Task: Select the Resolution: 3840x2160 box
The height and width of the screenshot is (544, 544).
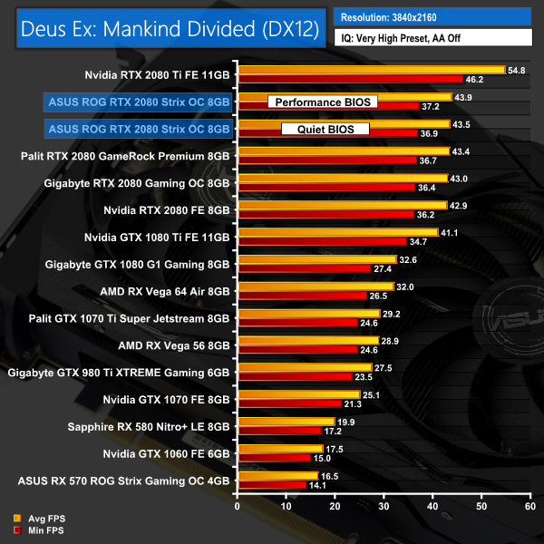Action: coord(433,16)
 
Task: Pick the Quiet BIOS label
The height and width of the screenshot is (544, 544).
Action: coord(320,129)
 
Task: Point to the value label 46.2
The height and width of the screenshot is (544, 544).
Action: coord(474,80)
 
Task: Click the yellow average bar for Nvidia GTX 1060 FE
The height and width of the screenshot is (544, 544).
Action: coord(279,448)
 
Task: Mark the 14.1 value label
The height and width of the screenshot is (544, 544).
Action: coord(317,485)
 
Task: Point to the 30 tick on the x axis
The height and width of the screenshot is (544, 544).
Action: coord(384,505)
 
